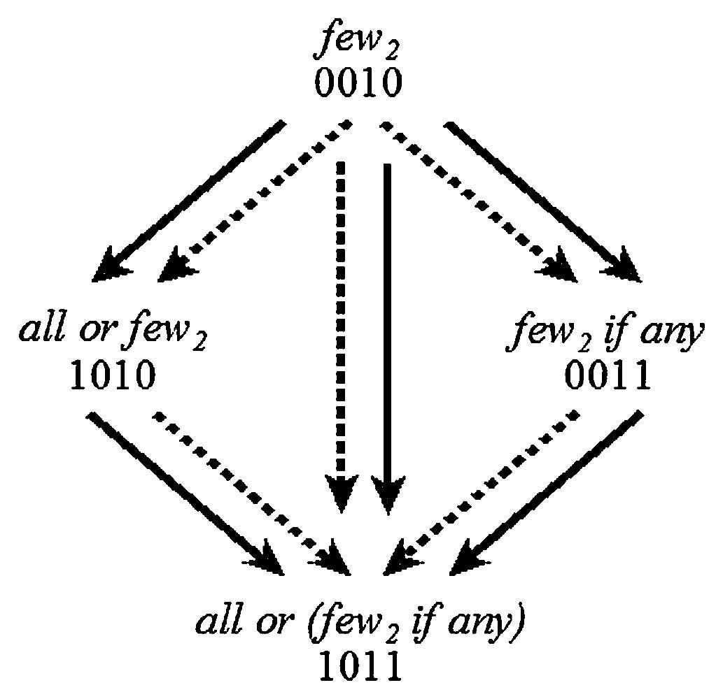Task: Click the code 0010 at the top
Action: tap(358, 83)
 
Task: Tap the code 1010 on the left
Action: tap(112, 377)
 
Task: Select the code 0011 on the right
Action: tap(608, 377)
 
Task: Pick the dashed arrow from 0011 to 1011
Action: tap(483, 489)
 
